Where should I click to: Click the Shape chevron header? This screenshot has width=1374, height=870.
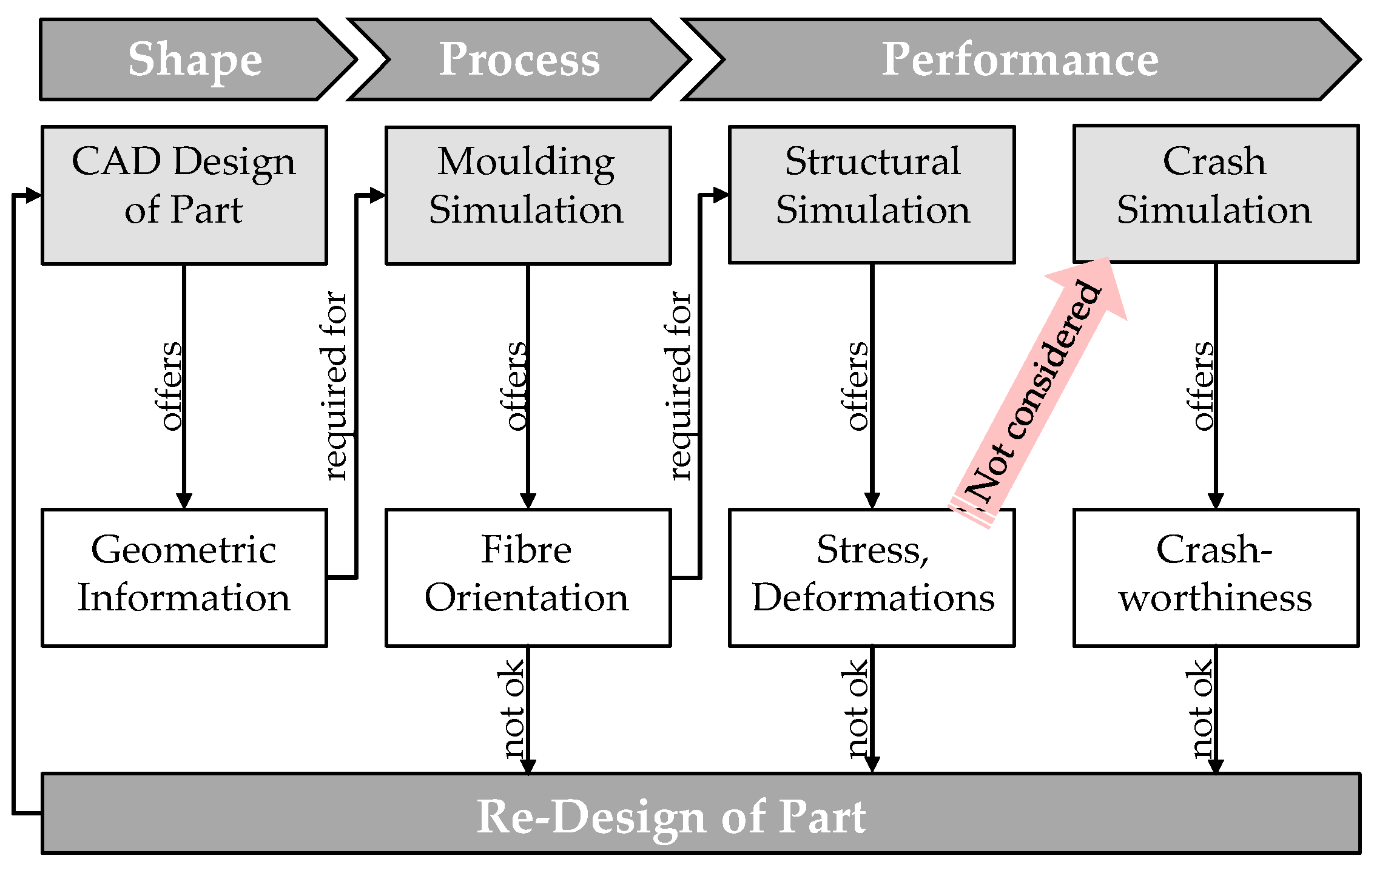[x=194, y=59]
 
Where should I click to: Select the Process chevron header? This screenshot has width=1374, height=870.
[x=519, y=59]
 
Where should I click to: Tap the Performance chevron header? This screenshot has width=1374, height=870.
[x=1019, y=59]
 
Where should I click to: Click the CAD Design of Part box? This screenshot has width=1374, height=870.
[x=184, y=195]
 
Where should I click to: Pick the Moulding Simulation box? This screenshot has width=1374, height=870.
[x=528, y=195]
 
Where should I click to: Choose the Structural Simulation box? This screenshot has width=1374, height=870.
[x=872, y=195]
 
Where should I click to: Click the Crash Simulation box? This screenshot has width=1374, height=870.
[x=1216, y=194]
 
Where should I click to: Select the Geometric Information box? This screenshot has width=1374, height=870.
[x=184, y=578]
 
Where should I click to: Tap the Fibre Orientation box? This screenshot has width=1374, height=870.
[x=528, y=578]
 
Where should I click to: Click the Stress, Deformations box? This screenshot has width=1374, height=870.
[x=872, y=578]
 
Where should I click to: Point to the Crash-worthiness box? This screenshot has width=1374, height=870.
[x=1216, y=578]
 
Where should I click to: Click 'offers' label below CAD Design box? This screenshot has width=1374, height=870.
[x=171, y=386]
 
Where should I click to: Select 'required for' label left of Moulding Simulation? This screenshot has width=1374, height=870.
[x=335, y=386]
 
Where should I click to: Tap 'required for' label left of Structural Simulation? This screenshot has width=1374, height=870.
[x=680, y=386]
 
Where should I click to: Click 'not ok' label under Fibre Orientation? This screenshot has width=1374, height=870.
[x=514, y=709]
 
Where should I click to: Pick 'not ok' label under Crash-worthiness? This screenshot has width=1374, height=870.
[x=1201, y=709]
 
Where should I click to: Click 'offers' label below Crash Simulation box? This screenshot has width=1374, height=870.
[x=1203, y=386]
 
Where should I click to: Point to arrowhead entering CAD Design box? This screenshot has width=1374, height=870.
[x=33, y=195]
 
